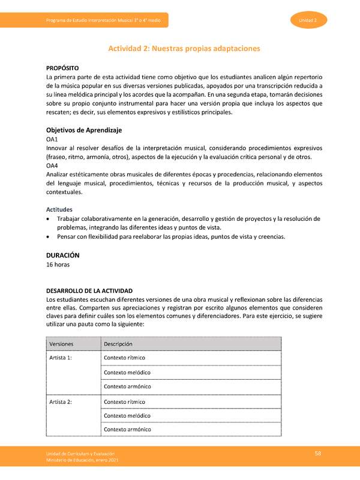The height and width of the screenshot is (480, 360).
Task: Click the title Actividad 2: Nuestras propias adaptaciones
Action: point(184,48)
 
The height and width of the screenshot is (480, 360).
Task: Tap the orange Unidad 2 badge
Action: point(308,21)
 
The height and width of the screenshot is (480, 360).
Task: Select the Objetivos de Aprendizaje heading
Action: point(84,130)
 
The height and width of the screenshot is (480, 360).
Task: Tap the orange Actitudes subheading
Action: point(59,210)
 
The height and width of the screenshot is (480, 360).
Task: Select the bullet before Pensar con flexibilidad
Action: point(49,236)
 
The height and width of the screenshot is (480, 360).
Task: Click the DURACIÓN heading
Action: point(64,254)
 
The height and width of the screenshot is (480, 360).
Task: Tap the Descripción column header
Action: point(118,344)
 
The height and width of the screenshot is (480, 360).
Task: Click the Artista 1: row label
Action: point(62,358)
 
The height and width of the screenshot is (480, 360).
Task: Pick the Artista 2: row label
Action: point(62,401)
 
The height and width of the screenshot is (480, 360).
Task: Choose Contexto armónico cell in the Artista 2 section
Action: point(127,430)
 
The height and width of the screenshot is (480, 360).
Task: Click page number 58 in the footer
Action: point(319,453)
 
